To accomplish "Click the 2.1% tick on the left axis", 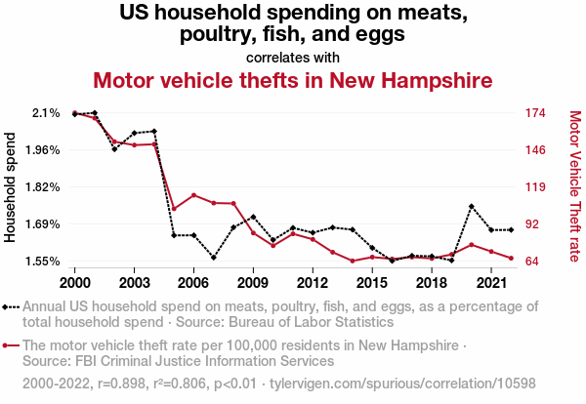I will [x=47, y=113].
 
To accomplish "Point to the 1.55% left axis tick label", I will [x=42, y=261].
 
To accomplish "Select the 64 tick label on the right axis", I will [x=532, y=261].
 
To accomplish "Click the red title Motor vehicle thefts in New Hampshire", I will [x=292, y=79].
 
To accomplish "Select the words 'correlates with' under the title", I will [x=292, y=57].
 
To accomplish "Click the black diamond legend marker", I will [x=10, y=306].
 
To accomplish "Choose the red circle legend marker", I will [x=10, y=345].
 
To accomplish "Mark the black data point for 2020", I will [x=471, y=207].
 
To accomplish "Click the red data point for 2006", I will [x=193, y=195].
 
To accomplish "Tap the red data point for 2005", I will [x=174, y=209].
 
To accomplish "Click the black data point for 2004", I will [x=154, y=131].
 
